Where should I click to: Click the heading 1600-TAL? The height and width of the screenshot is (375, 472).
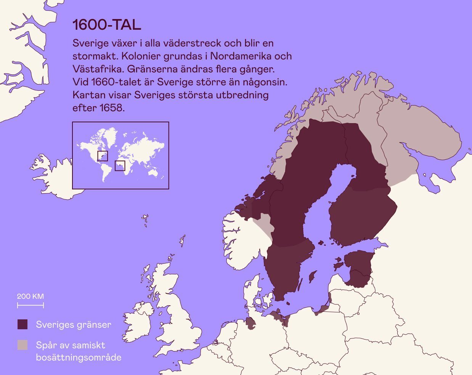(106, 25)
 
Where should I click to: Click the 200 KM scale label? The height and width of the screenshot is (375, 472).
(30, 296)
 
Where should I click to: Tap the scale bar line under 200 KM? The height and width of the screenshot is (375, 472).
(30, 305)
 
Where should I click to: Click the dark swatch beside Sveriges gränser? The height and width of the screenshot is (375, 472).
(22, 324)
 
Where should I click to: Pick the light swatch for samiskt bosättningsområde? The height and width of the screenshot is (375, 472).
(22, 345)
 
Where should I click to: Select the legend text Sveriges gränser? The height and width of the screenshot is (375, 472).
(74, 325)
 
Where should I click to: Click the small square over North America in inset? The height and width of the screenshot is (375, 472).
(103, 156)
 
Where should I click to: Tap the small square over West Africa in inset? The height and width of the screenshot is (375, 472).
(120, 166)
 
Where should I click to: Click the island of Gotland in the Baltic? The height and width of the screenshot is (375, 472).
(312, 277)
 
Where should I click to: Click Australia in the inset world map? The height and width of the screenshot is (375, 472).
(154, 172)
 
